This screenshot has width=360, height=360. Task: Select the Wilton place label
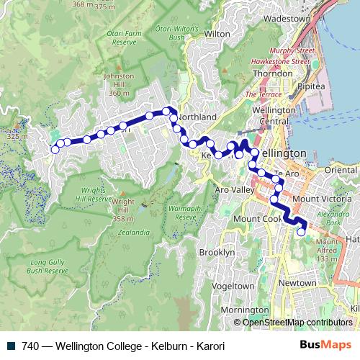coord(217,33)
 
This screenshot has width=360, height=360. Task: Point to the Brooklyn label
coord(217,253)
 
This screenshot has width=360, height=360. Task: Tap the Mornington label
coord(240,310)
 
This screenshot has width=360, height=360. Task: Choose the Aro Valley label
coord(235,189)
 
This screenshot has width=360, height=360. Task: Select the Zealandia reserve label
coord(130,232)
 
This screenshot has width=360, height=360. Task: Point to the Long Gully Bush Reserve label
coord(48,267)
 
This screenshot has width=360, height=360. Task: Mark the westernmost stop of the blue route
coord(54,150)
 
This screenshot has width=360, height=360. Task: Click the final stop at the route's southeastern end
coord(301,232)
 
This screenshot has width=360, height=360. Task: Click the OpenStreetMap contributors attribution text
coord(297,323)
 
